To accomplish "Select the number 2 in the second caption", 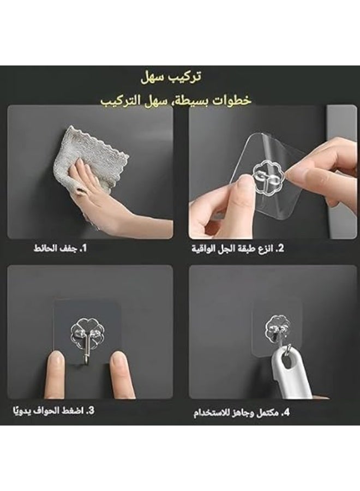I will pyautogui.click(x=280, y=249).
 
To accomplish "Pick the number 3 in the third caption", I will pyautogui.click(x=91, y=410).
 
